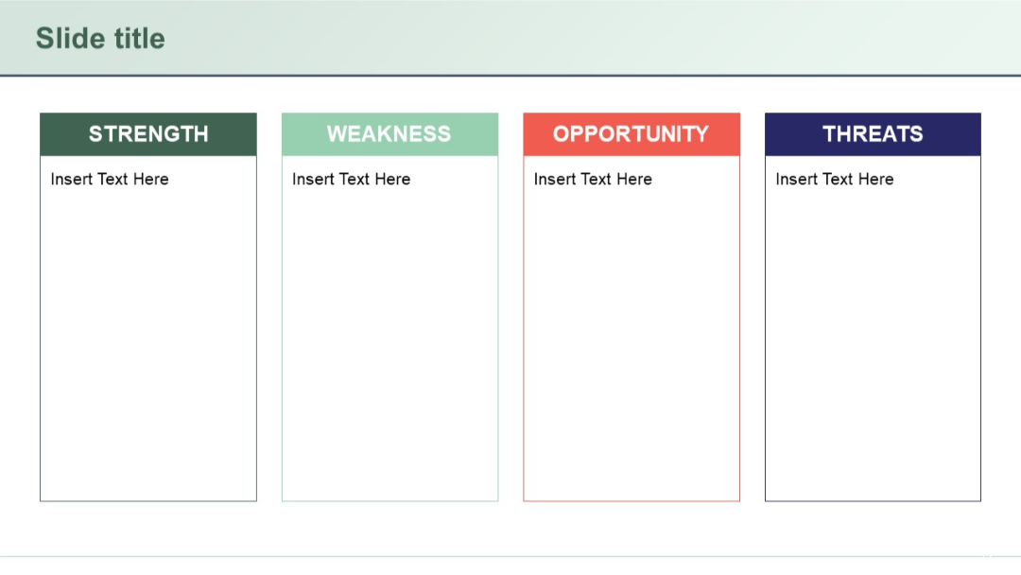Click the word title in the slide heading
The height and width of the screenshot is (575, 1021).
(136, 39)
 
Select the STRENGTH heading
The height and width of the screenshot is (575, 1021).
(148, 134)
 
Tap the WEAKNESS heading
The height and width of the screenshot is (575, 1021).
(389, 134)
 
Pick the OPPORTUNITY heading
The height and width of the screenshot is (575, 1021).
(631, 134)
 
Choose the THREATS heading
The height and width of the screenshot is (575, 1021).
(873, 134)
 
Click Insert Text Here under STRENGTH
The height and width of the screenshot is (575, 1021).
(110, 180)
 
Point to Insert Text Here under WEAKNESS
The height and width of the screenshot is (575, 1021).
(351, 180)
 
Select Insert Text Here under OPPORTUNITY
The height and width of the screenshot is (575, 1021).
(593, 180)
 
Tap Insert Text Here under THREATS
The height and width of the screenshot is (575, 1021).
(834, 180)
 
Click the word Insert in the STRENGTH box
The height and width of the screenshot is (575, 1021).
(72, 180)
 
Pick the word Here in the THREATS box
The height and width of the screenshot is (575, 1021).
(875, 180)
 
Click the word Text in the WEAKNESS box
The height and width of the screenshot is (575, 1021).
(354, 180)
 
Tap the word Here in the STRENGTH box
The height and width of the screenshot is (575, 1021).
(150, 180)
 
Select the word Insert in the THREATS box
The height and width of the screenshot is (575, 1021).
(797, 180)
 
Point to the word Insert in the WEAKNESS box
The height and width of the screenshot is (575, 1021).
(313, 180)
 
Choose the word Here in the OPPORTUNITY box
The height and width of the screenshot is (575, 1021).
(634, 180)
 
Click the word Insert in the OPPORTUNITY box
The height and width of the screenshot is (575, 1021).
(555, 180)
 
